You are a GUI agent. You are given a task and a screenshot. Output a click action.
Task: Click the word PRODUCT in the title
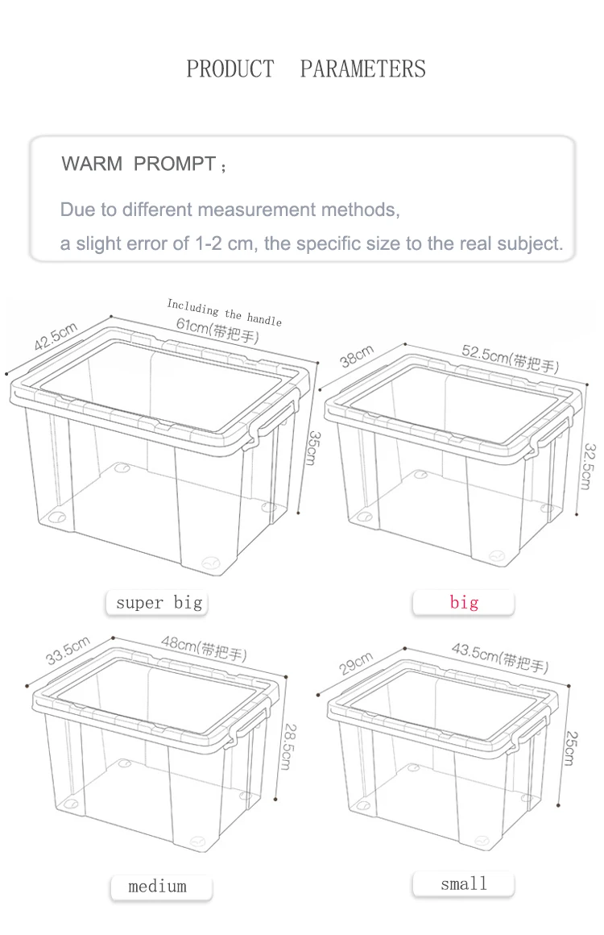pyautogui.click(x=230, y=69)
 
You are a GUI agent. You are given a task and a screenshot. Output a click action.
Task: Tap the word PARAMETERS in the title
pyautogui.click(x=362, y=69)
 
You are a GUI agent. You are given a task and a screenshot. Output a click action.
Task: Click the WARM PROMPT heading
pyautogui.click(x=143, y=164)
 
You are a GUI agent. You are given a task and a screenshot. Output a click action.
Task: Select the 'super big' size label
pyautogui.click(x=159, y=603)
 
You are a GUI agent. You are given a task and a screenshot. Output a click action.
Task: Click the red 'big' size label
pyautogui.click(x=463, y=602)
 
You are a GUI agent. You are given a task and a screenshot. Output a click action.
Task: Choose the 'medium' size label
pyautogui.click(x=157, y=886)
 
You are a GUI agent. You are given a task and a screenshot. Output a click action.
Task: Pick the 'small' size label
pyautogui.click(x=463, y=883)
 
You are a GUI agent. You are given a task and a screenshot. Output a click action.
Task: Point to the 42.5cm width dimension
pyautogui.click(x=56, y=336)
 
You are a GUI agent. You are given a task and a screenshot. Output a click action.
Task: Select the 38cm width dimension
pyautogui.click(x=357, y=356)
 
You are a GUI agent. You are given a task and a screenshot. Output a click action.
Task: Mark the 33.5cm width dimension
pyautogui.click(x=68, y=650)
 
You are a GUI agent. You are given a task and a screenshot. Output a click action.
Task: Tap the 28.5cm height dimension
pyautogui.click(x=288, y=746)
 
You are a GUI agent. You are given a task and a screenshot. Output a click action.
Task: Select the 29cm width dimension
pyautogui.click(x=356, y=663)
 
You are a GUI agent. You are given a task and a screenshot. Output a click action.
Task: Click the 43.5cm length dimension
pyautogui.click(x=500, y=657)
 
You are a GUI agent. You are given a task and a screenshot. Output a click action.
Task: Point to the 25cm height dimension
pyautogui.click(x=571, y=748)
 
